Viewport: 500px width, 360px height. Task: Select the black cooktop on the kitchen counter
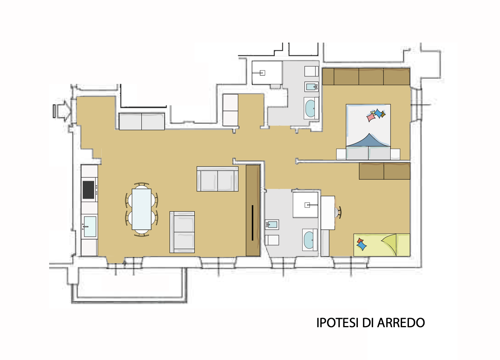click(88, 190)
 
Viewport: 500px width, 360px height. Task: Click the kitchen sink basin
click(90, 227)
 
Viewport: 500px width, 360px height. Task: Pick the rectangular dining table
click(141, 209)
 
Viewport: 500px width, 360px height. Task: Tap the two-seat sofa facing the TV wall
click(217, 178)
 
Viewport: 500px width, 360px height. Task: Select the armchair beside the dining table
click(182, 232)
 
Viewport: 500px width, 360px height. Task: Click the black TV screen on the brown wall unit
click(252, 223)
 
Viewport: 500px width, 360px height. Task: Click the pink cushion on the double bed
click(371, 117)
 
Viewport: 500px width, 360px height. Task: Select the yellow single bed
click(382, 245)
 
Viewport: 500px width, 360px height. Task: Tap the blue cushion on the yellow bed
click(362, 246)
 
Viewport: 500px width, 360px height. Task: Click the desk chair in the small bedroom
click(338, 212)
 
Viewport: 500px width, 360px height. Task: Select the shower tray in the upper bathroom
click(267, 73)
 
